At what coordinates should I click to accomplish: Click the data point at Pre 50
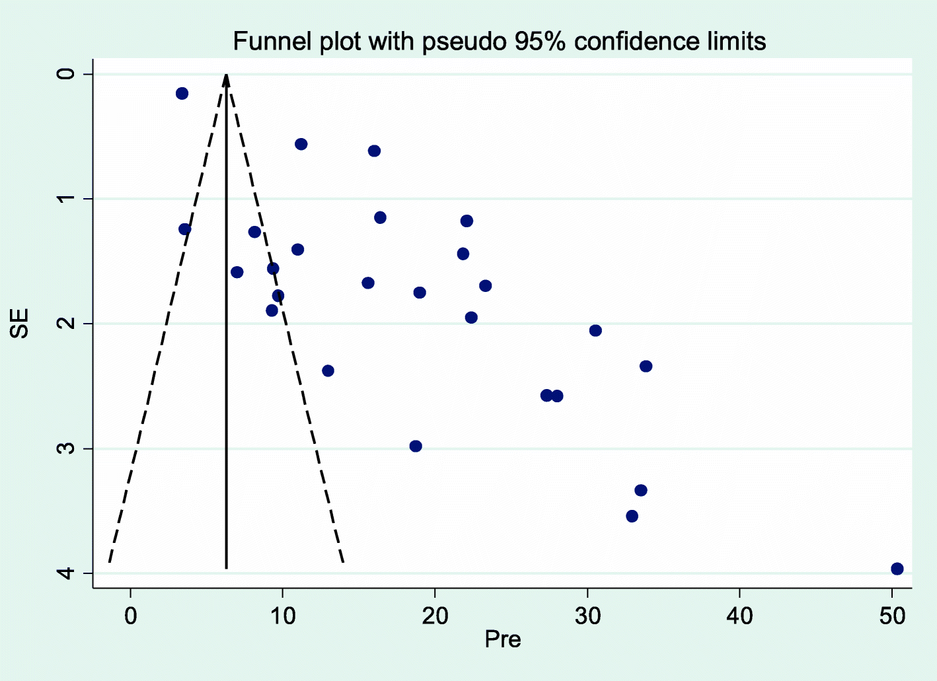pos(897,569)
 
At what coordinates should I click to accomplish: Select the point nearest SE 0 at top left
pos(182,93)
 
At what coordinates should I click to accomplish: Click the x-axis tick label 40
pos(739,616)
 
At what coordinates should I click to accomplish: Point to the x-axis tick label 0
pos(131,616)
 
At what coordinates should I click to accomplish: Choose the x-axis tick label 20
pos(435,616)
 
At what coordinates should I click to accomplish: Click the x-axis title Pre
pos(502,639)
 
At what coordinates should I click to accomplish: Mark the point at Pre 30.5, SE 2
pos(595,330)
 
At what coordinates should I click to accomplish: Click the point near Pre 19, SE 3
pos(416,446)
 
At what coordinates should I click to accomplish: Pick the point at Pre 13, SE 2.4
pos(328,371)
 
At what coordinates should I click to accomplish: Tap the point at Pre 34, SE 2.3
pos(646,366)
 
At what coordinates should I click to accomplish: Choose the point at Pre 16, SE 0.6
pos(374,151)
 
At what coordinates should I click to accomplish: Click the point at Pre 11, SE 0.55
pos(301,144)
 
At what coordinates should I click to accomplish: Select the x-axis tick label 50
pos(892,616)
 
